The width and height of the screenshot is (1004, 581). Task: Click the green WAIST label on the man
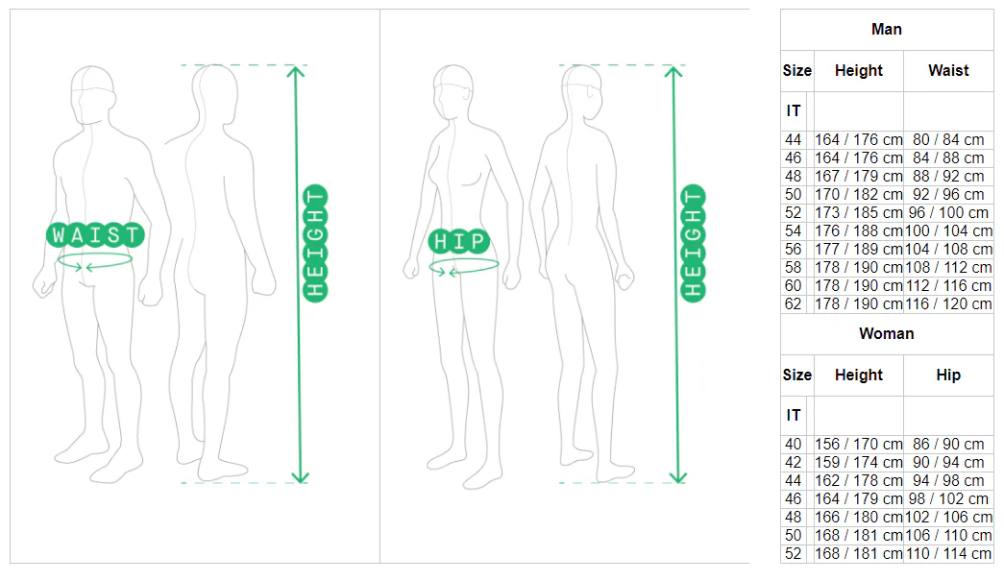coord(95,235)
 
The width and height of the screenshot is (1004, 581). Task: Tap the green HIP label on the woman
coord(459,241)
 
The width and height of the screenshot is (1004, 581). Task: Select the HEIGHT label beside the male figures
coord(315,243)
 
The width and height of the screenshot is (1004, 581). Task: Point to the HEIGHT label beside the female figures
coord(693,243)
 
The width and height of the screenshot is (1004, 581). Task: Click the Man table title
coord(886,30)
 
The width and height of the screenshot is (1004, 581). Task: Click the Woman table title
coord(886,333)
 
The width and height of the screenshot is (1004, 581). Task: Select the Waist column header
coord(948,70)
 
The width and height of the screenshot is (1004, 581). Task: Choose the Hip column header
coord(948,375)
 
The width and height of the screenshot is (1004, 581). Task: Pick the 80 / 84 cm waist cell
coord(948,139)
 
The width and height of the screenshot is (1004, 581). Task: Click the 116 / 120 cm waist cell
coord(948,303)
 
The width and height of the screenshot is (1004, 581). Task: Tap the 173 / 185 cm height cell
coord(858,212)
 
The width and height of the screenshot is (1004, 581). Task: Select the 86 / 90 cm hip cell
coord(948,444)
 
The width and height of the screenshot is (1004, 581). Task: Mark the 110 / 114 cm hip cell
coord(948,553)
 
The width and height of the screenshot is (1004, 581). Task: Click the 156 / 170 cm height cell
coord(858,444)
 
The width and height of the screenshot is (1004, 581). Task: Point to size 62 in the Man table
coord(793,303)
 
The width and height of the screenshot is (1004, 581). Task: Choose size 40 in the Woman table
coord(793,444)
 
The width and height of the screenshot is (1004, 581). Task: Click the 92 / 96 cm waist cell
coord(948,195)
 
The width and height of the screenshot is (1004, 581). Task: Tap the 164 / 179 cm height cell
coord(858,498)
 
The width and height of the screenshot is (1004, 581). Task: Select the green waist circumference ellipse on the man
coord(95,254)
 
